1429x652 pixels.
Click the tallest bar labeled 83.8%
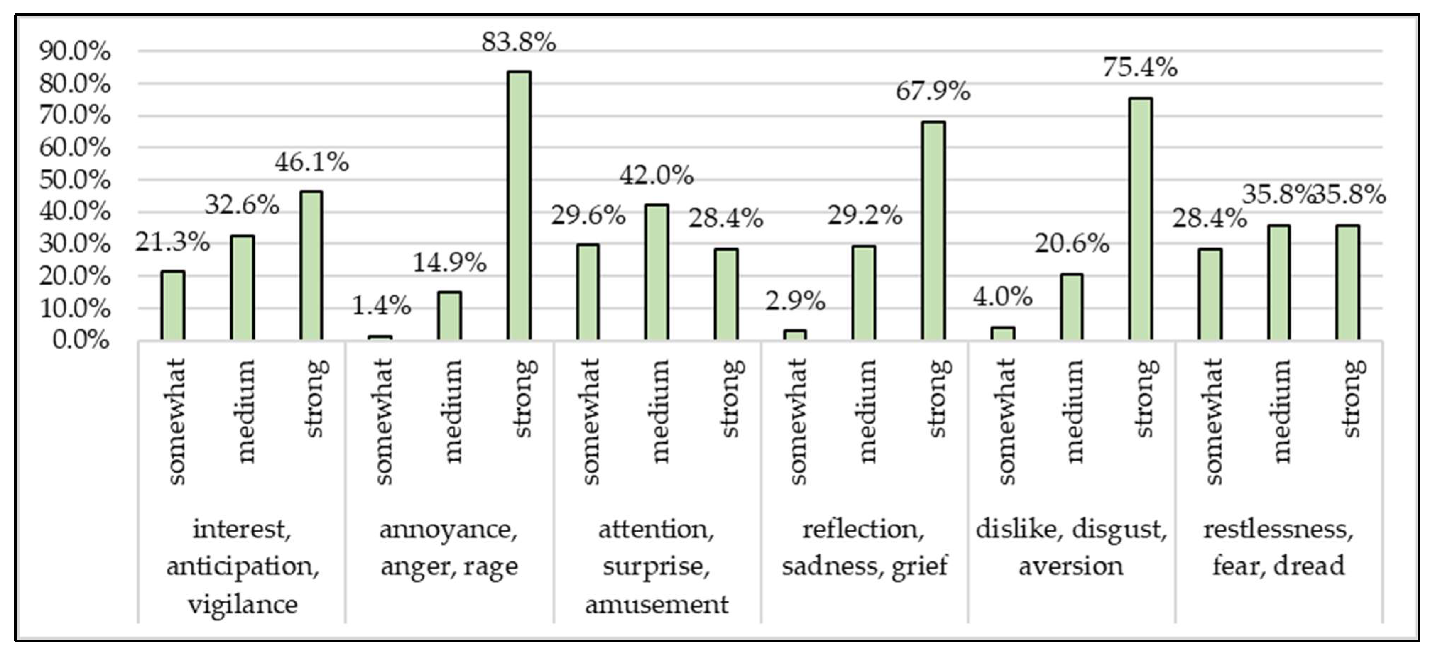point(519,205)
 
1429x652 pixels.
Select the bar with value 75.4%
point(1140,219)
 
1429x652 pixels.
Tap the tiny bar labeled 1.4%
point(380,337)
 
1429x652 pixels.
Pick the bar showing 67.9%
point(933,230)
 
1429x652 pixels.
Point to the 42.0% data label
point(656,176)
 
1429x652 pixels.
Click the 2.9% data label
point(795,301)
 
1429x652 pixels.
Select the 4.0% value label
point(1003,297)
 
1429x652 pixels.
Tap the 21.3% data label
point(173,242)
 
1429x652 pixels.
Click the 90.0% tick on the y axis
point(75,51)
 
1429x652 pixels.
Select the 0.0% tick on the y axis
point(81,340)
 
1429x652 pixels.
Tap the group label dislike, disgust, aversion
point(1071,548)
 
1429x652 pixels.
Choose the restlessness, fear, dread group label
point(1278,548)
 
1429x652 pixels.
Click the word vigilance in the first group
point(243,603)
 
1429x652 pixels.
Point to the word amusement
point(656,603)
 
